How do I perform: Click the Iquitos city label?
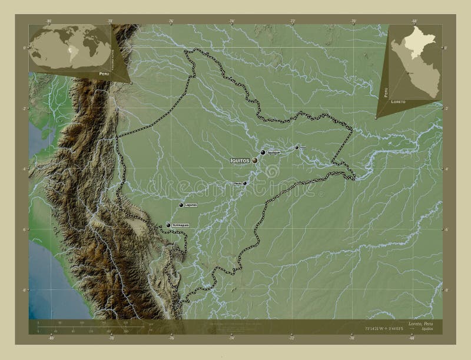(240, 160)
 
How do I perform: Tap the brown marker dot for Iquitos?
(255, 160)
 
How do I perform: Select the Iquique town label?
(273, 152)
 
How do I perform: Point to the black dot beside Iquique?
(263, 152)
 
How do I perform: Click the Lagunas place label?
(190, 205)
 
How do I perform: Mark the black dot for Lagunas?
(181, 205)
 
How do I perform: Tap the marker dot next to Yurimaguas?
(168, 225)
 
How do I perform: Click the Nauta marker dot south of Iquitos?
(245, 183)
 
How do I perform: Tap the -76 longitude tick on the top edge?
(171, 21)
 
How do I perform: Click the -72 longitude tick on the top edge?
(292, 21)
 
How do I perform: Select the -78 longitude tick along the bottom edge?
(111, 338)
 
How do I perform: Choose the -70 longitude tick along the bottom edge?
(352, 338)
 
